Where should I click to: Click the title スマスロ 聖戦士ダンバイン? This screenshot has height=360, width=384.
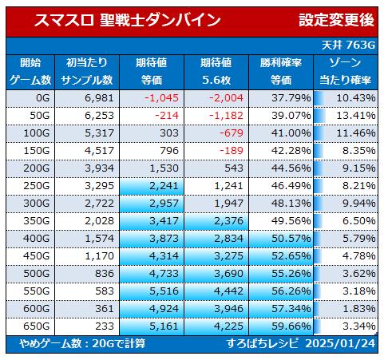(128, 21)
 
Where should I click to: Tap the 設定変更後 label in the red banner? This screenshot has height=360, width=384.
(336, 20)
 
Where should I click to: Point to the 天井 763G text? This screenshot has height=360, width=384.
(348, 45)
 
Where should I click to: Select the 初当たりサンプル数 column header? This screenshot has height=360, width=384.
(87, 72)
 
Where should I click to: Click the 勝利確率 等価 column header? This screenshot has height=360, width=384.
(281, 72)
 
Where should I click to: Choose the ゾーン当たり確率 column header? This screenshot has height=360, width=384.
(345, 72)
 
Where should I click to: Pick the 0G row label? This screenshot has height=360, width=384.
(43, 98)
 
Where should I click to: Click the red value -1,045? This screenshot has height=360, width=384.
(161, 98)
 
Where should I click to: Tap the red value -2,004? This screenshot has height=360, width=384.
(226, 98)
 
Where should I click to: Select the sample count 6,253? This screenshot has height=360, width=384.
(99, 116)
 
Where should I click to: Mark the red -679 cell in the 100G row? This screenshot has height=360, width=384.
(232, 133)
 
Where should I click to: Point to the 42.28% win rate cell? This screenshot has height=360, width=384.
(291, 151)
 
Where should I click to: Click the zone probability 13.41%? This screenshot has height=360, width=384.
(356, 116)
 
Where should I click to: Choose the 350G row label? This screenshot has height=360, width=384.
(37, 221)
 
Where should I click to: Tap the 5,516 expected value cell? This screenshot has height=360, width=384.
(164, 291)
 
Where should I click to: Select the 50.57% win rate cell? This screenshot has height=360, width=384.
(291, 239)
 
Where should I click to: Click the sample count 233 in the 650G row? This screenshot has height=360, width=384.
(105, 326)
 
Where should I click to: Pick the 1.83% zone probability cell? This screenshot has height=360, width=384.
(359, 309)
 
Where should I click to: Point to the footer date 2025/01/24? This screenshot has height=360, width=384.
(340, 344)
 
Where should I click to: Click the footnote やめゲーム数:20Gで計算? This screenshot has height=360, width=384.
(82, 344)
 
